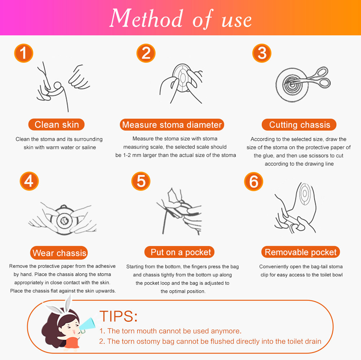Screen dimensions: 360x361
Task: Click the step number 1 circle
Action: pos(23,53)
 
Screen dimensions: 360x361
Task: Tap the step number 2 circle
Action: pos(146,53)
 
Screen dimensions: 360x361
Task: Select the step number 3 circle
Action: pos(262,53)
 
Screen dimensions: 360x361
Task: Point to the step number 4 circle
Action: pos(29,181)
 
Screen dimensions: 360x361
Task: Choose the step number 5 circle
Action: pos(141,181)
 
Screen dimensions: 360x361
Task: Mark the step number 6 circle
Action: pos(253,181)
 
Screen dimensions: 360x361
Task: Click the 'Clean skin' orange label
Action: pos(56,125)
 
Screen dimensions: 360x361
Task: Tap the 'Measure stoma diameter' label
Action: pos(172,125)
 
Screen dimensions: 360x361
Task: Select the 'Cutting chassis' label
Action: pos(299,125)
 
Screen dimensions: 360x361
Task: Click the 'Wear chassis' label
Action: pos(59,253)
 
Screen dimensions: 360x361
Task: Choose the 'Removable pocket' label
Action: pos(301,252)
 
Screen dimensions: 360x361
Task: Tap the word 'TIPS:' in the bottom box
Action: pos(118,316)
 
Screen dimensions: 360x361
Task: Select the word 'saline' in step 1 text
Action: pos(88,147)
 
